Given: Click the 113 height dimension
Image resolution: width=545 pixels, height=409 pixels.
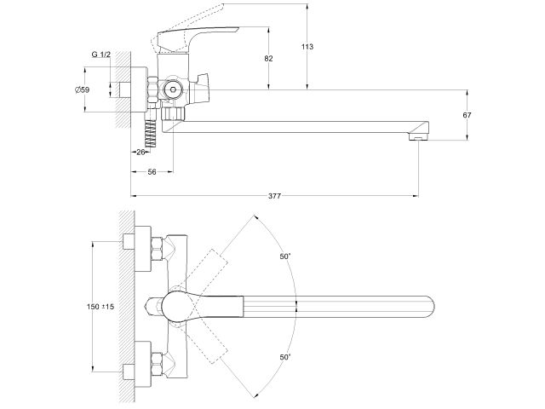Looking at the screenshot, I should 318,47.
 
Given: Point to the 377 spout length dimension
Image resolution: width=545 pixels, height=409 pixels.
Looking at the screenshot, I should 274,196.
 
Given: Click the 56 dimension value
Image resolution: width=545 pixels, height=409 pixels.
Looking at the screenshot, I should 150,171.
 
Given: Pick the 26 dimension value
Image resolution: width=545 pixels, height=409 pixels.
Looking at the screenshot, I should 141,152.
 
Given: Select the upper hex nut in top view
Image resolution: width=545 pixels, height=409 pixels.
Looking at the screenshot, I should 158,250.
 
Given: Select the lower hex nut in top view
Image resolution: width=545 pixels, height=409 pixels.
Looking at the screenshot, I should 158,361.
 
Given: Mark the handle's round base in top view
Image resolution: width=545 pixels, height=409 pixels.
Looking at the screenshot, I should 179,305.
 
